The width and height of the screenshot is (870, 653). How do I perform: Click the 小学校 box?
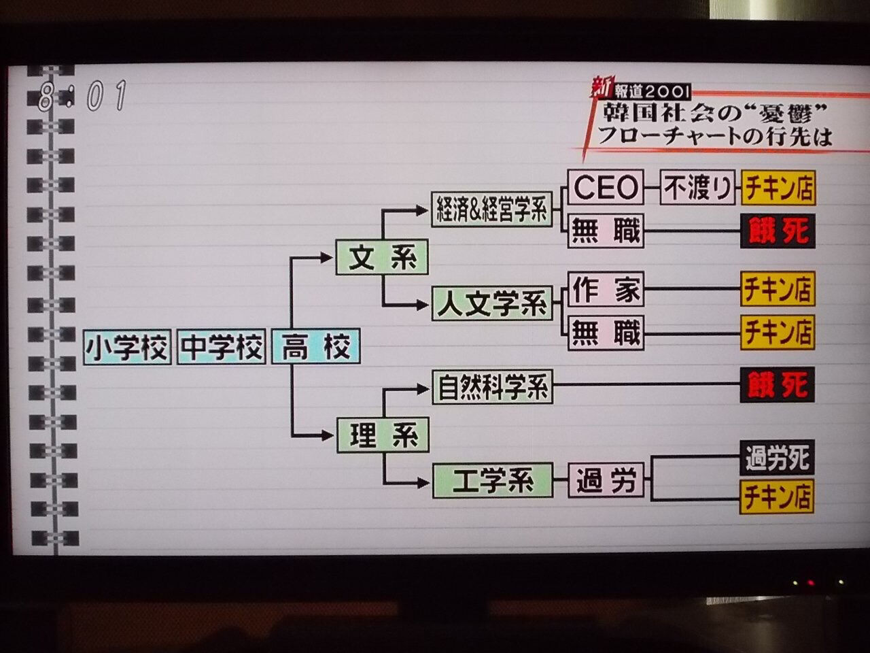pyautogui.click(x=126, y=348)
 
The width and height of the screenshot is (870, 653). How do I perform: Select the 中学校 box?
pyautogui.click(x=221, y=348)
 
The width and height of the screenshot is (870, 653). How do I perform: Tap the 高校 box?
pyautogui.click(x=315, y=348)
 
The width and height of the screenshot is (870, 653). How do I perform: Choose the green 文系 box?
pyautogui.click(x=382, y=258)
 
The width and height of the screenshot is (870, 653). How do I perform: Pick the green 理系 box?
pyautogui.click(x=382, y=435)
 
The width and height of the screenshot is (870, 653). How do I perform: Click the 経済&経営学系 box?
pyautogui.click(x=491, y=211)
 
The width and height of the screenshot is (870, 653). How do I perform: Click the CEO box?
pyautogui.click(x=605, y=187)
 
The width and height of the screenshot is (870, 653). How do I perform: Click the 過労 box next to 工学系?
pyautogui.click(x=606, y=481)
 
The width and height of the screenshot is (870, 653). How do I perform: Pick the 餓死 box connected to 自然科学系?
pyautogui.click(x=777, y=386)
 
